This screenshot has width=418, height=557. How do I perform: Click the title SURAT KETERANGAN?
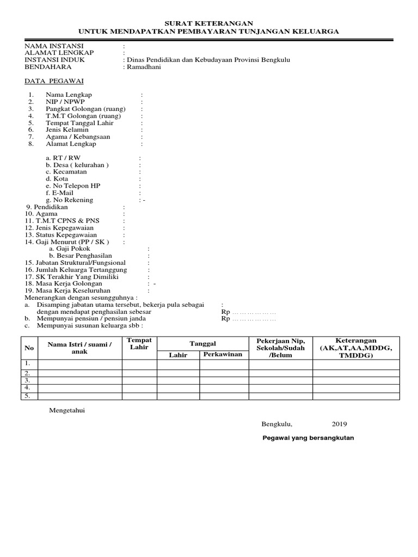tap(210, 23)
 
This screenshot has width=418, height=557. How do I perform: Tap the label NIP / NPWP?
tap(65, 102)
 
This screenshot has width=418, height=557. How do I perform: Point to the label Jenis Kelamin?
tap(67, 130)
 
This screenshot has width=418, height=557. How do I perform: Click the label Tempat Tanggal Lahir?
tap(79, 123)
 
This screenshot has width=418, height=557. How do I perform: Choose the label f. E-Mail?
tap(60, 193)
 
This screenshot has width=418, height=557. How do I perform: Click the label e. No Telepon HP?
tap(73, 186)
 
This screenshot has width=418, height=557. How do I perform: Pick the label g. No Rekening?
tap(70, 200)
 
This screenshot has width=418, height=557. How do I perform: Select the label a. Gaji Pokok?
tap(69, 249)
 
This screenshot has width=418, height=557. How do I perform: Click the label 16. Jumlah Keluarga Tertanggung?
tap(76, 270)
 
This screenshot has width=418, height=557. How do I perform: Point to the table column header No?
tap(29, 348)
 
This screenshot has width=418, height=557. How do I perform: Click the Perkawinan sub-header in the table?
tap(223, 355)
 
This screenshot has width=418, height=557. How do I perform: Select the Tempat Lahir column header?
tap(139, 344)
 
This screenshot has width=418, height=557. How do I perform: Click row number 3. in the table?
tap(27, 380)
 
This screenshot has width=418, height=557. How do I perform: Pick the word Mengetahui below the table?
tap(67, 411)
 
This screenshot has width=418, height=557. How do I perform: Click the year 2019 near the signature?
tap(339, 424)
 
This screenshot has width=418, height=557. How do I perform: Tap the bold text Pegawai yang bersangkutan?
tap(308, 438)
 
